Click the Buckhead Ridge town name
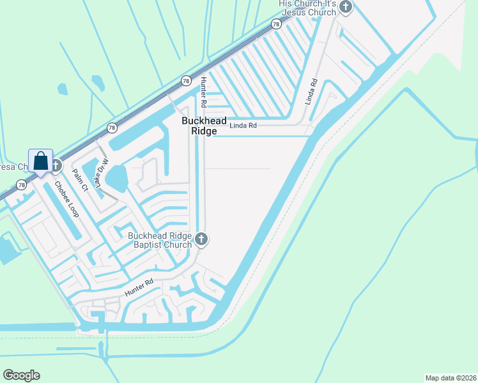coord(199,125)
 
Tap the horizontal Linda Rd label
coord(243,126)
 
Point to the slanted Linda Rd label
coord(311,91)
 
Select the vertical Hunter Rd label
coord(203,92)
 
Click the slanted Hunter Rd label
coord(140,289)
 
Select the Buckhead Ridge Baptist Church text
coord(160,240)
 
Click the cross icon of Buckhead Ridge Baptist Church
coord(201,239)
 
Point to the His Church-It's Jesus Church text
coord(307,8)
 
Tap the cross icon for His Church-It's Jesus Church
coord(346,8)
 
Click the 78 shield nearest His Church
coord(276,24)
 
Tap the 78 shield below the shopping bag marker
coord(22,185)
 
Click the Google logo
coord(21,375)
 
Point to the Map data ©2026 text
coord(450,377)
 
